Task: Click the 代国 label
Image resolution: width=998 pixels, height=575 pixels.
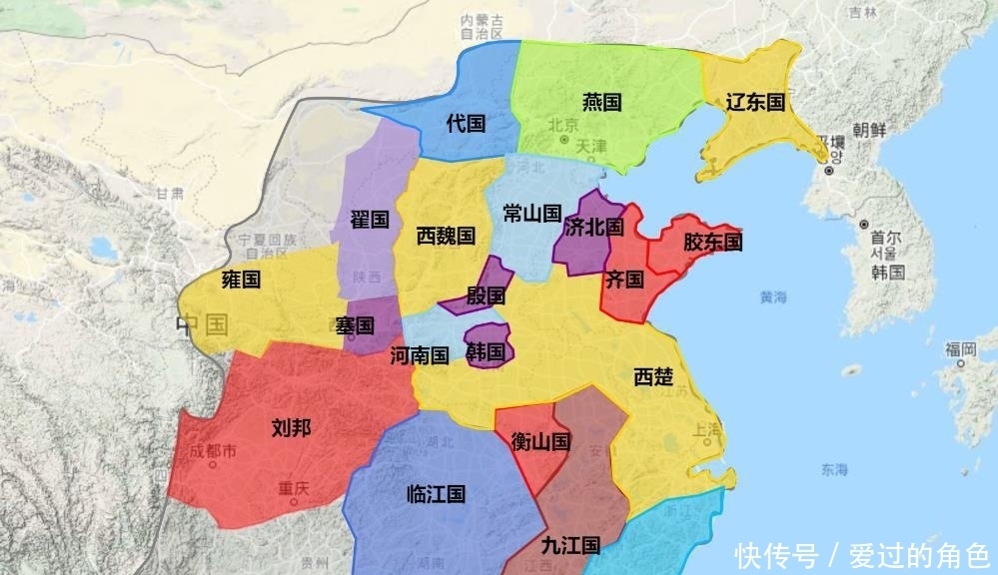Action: click(x=466, y=124)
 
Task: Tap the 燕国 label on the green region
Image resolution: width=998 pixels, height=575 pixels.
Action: click(x=601, y=102)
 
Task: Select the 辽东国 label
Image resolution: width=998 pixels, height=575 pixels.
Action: click(x=754, y=102)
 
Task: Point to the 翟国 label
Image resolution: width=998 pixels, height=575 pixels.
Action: click(x=369, y=219)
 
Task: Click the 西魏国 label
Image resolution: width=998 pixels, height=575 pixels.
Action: click(x=446, y=237)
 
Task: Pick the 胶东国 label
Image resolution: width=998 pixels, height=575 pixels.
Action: click(x=712, y=242)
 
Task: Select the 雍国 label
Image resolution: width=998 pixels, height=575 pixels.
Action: click(x=240, y=280)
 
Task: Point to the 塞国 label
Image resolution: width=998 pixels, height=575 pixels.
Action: click(x=355, y=325)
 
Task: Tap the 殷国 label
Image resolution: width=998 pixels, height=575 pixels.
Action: click(x=486, y=295)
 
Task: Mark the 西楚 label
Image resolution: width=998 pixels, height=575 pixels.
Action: click(x=653, y=376)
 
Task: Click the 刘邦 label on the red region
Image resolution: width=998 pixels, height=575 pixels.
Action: click(x=291, y=428)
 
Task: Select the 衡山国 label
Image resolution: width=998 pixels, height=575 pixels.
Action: click(x=539, y=441)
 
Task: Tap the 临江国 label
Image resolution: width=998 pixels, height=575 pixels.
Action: click(x=437, y=494)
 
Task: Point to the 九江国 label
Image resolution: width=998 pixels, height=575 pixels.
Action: click(x=569, y=545)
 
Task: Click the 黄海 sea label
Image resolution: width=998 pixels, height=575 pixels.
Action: click(x=773, y=296)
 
